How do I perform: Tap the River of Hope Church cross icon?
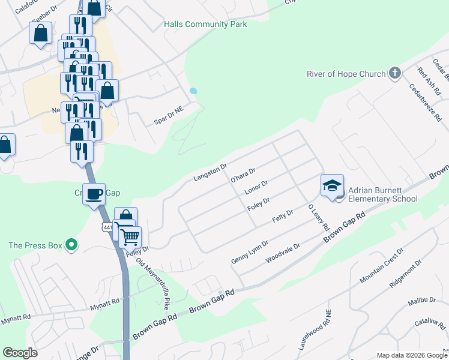pyautogui.click(x=395, y=73)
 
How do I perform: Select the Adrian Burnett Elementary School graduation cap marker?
pyautogui.click(x=332, y=186)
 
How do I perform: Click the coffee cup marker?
pyautogui.click(x=94, y=194)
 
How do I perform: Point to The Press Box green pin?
pyautogui.click(x=71, y=245)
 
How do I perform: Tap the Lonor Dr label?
pyautogui.click(x=256, y=188)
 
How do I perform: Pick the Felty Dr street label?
pyautogui.click(x=282, y=217)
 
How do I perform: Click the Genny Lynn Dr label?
pyautogui.click(x=250, y=251)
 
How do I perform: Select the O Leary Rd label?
pyautogui.click(x=319, y=218)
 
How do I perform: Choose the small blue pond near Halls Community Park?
pyautogui.click(x=193, y=91)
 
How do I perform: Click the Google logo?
pyautogui.click(x=20, y=352)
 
